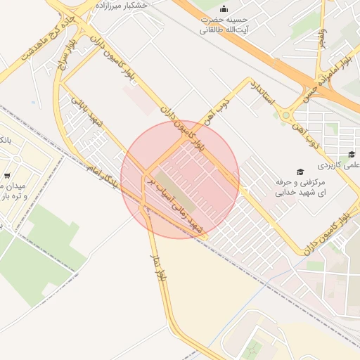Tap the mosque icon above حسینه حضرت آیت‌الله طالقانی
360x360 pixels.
[224, 8]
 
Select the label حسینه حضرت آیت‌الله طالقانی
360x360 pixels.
[224, 25]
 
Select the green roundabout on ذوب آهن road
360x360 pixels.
[286, 114]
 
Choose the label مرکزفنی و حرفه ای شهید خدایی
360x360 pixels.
[309, 186]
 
